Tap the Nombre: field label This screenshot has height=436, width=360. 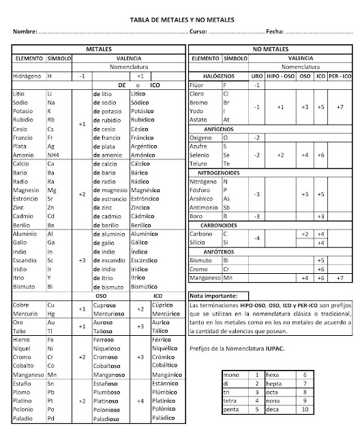pyautogui.click(x=24, y=33)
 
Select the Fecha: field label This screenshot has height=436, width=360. pyautogui.click(x=275, y=33)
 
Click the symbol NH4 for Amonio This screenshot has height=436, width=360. pyautogui.click(x=54, y=155)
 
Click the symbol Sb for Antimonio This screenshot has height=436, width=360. pyautogui.click(x=227, y=208)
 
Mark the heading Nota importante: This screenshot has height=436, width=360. pyautogui.click(x=213, y=296)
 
